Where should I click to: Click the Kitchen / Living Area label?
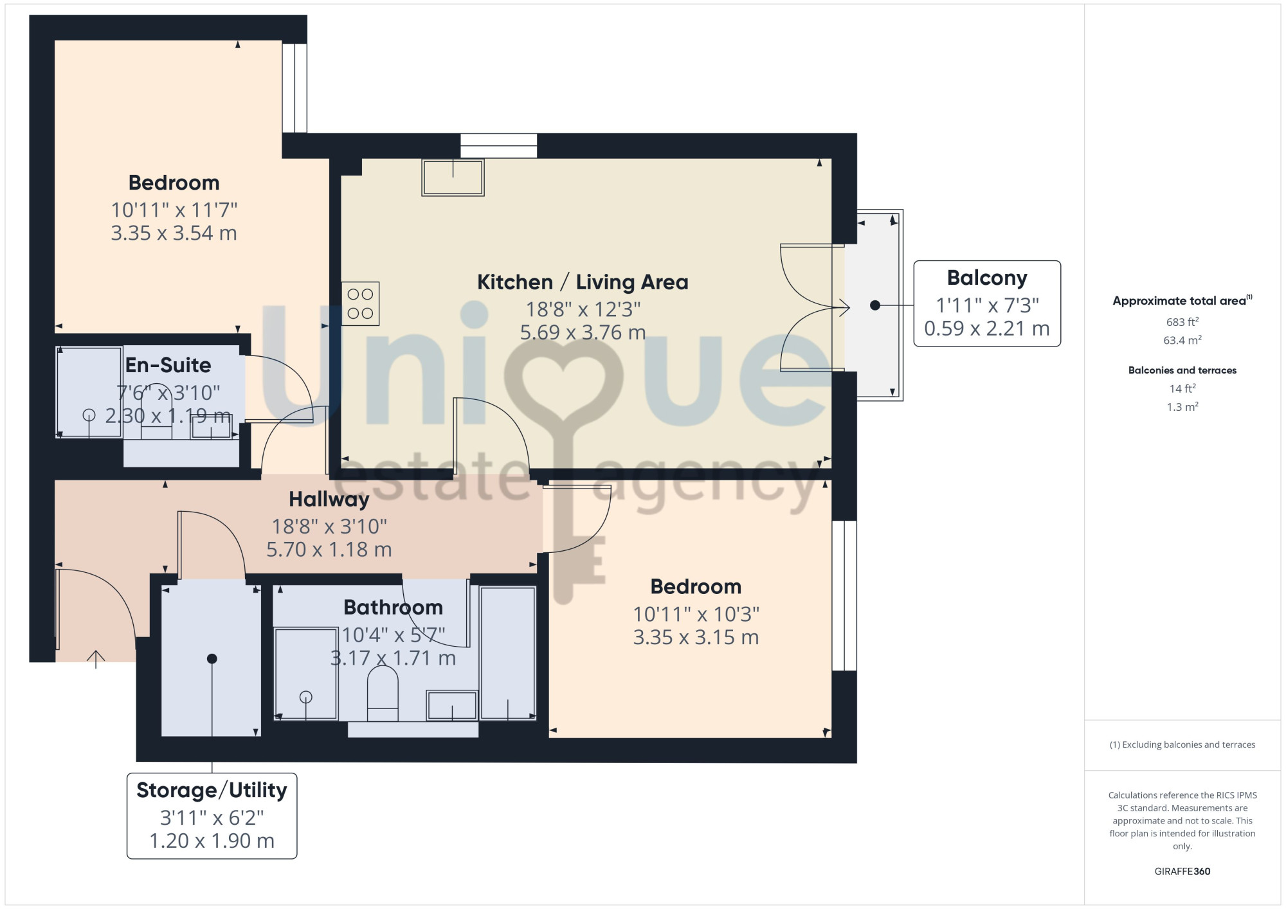click(583, 282)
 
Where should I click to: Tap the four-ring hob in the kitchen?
click(360, 303)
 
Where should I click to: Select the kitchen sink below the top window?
click(453, 177)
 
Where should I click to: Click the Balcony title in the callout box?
click(987, 278)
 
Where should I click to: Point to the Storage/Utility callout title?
click(212, 790)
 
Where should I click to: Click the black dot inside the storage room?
click(212, 658)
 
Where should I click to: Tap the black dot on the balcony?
click(875, 305)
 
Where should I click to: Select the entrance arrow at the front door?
click(96, 660)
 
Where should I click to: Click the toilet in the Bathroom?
click(383, 694)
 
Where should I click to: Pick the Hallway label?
click(329, 499)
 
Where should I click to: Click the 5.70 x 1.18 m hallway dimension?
click(329, 550)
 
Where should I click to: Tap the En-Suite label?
click(168, 365)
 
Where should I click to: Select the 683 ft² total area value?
click(1182, 321)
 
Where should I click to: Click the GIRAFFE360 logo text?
click(1182, 872)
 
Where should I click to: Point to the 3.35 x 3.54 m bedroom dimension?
click(174, 233)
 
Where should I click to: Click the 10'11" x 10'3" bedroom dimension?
click(696, 615)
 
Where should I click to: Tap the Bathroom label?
click(394, 607)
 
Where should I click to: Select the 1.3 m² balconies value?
click(1182, 407)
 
